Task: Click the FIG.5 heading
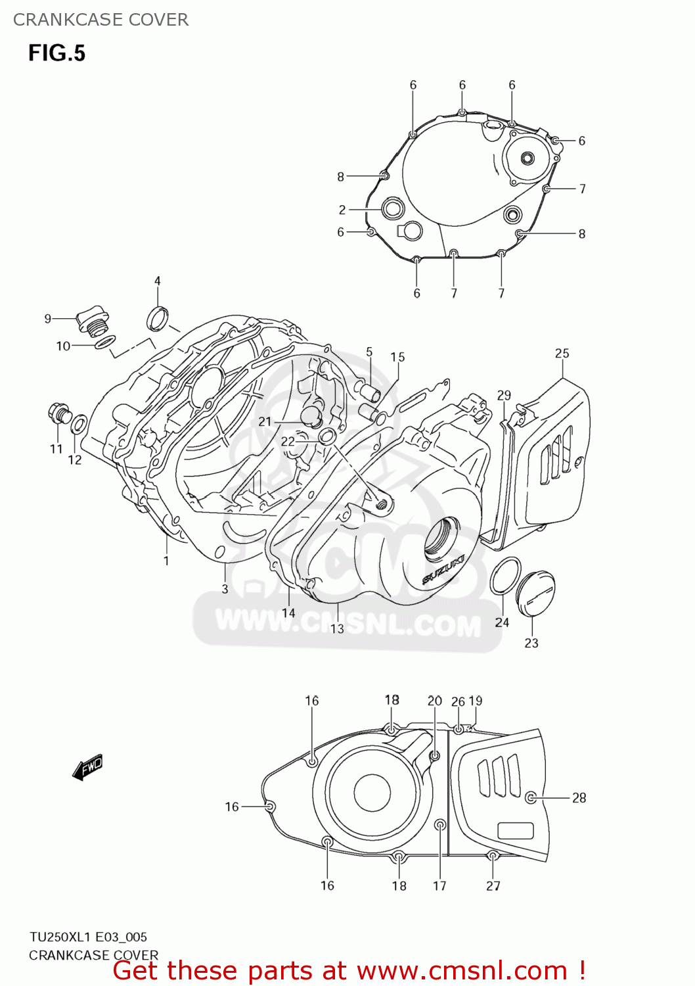coord(56,53)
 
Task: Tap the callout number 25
coord(562,354)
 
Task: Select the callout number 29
coord(504,396)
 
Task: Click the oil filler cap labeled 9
coord(90,319)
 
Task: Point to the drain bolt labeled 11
coord(58,413)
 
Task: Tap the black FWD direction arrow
coord(87,766)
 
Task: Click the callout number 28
coord(579,798)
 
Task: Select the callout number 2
coord(342,210)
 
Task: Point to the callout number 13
coord(337,629)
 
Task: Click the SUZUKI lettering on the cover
coord(443,569)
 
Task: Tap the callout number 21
coord(265,421)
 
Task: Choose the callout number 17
coord(439,886)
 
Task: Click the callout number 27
coord(493,886)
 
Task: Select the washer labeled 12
coord(78,425)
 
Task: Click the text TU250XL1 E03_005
coord(88,937)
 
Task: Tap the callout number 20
coord(435,701)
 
